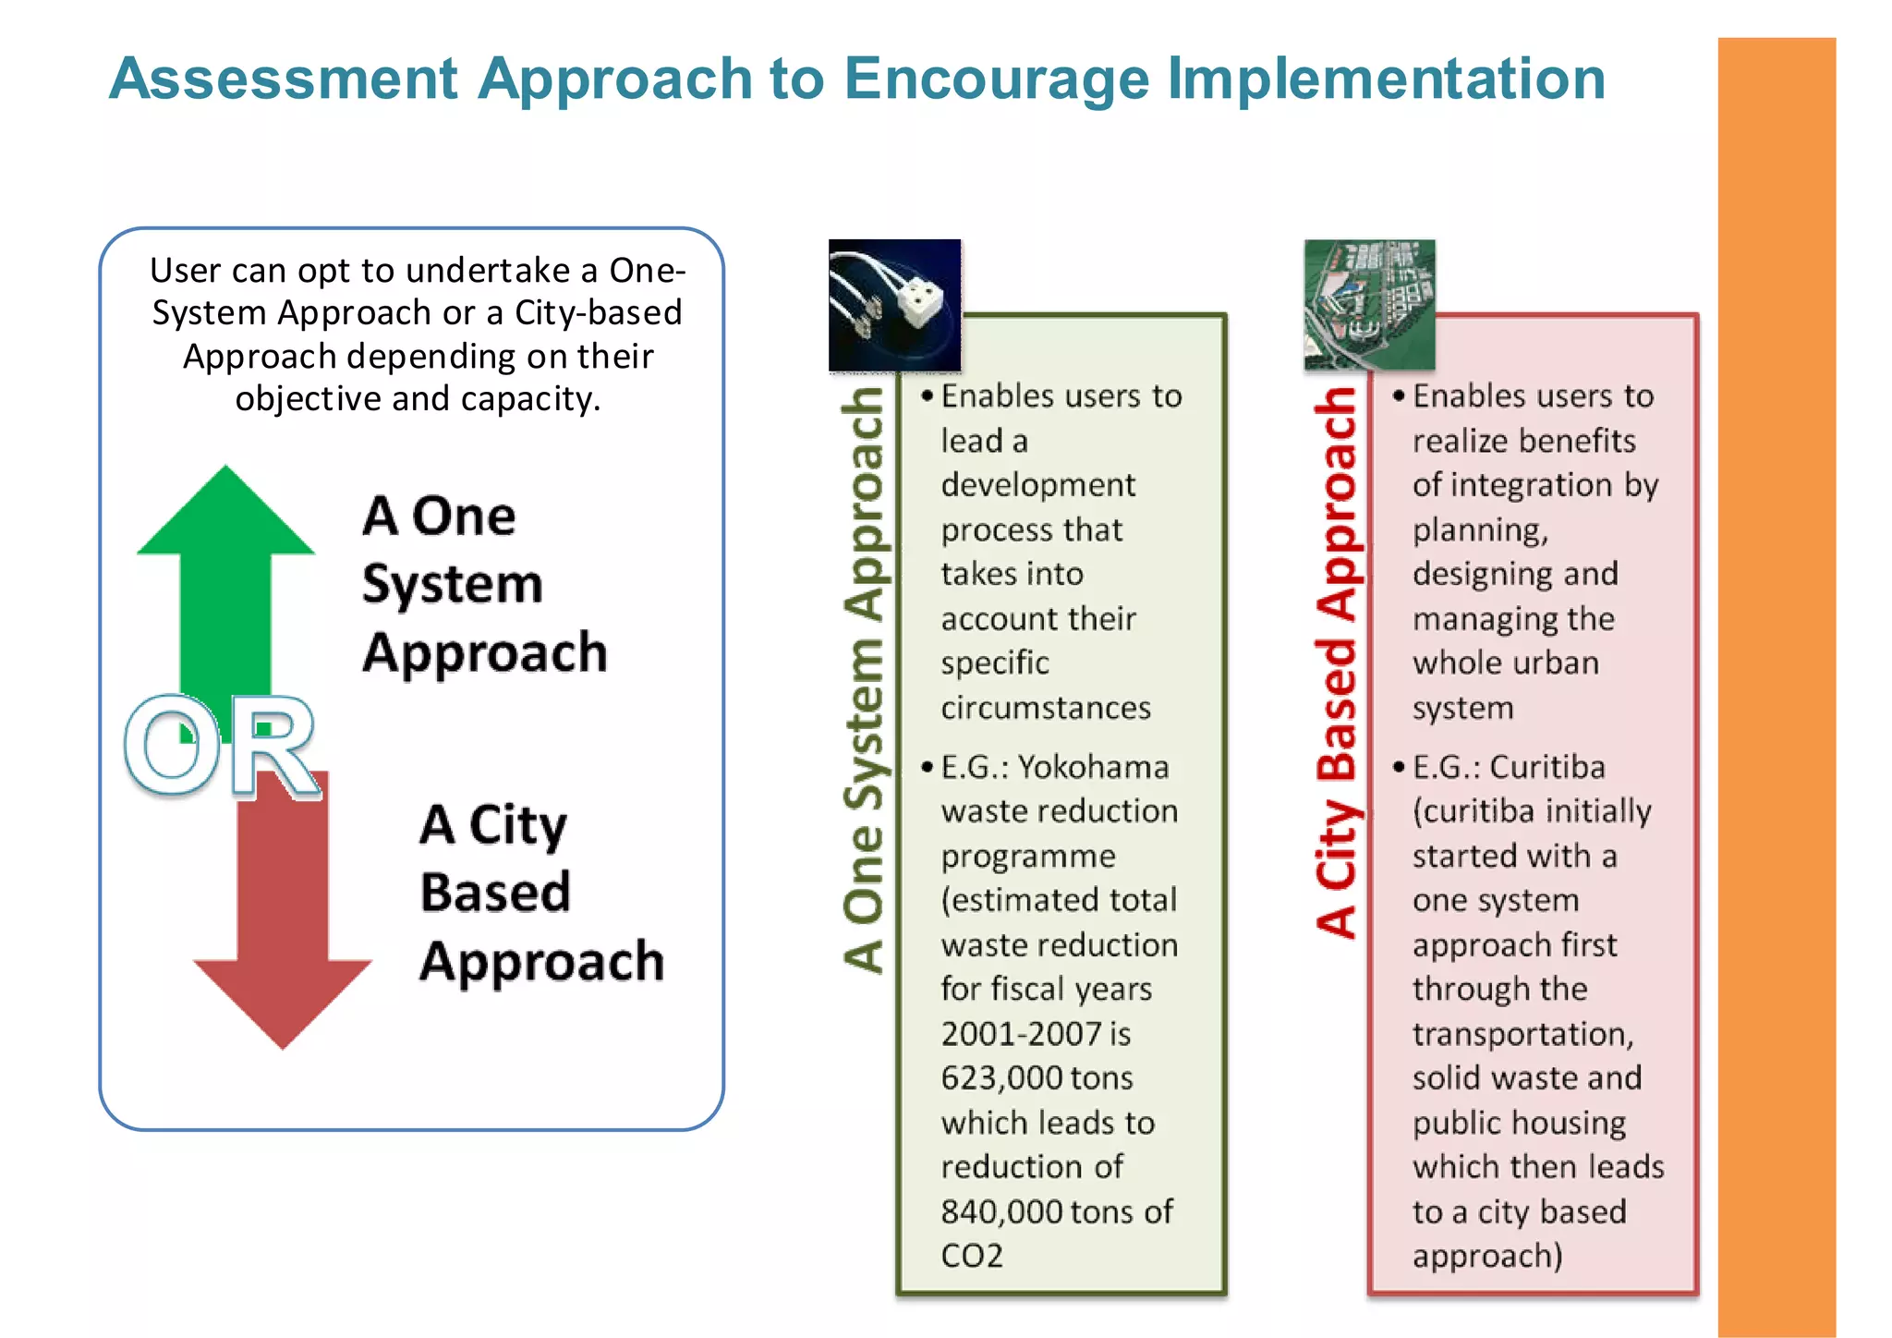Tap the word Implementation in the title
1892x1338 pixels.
click(x=1386, y=79)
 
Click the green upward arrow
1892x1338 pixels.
click(x=226, y=573)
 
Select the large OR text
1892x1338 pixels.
click(x=222, y=747)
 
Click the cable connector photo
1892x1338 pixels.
click(x=894, y=305)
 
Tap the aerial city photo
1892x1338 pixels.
click(x=1369, y=305)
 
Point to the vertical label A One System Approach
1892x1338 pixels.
click(x=863, y=679)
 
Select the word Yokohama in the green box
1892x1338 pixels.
click(x=1093, y=767)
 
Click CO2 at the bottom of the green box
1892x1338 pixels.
click(x=971, y=1256)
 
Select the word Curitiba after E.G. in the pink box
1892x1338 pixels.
click(x=1546, y=767)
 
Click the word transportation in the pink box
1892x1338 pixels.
click(x=1522, y=1034)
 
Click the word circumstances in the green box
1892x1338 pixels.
click(x=1045, y=708)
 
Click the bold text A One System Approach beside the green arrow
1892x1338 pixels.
click(x=483, y=584)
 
